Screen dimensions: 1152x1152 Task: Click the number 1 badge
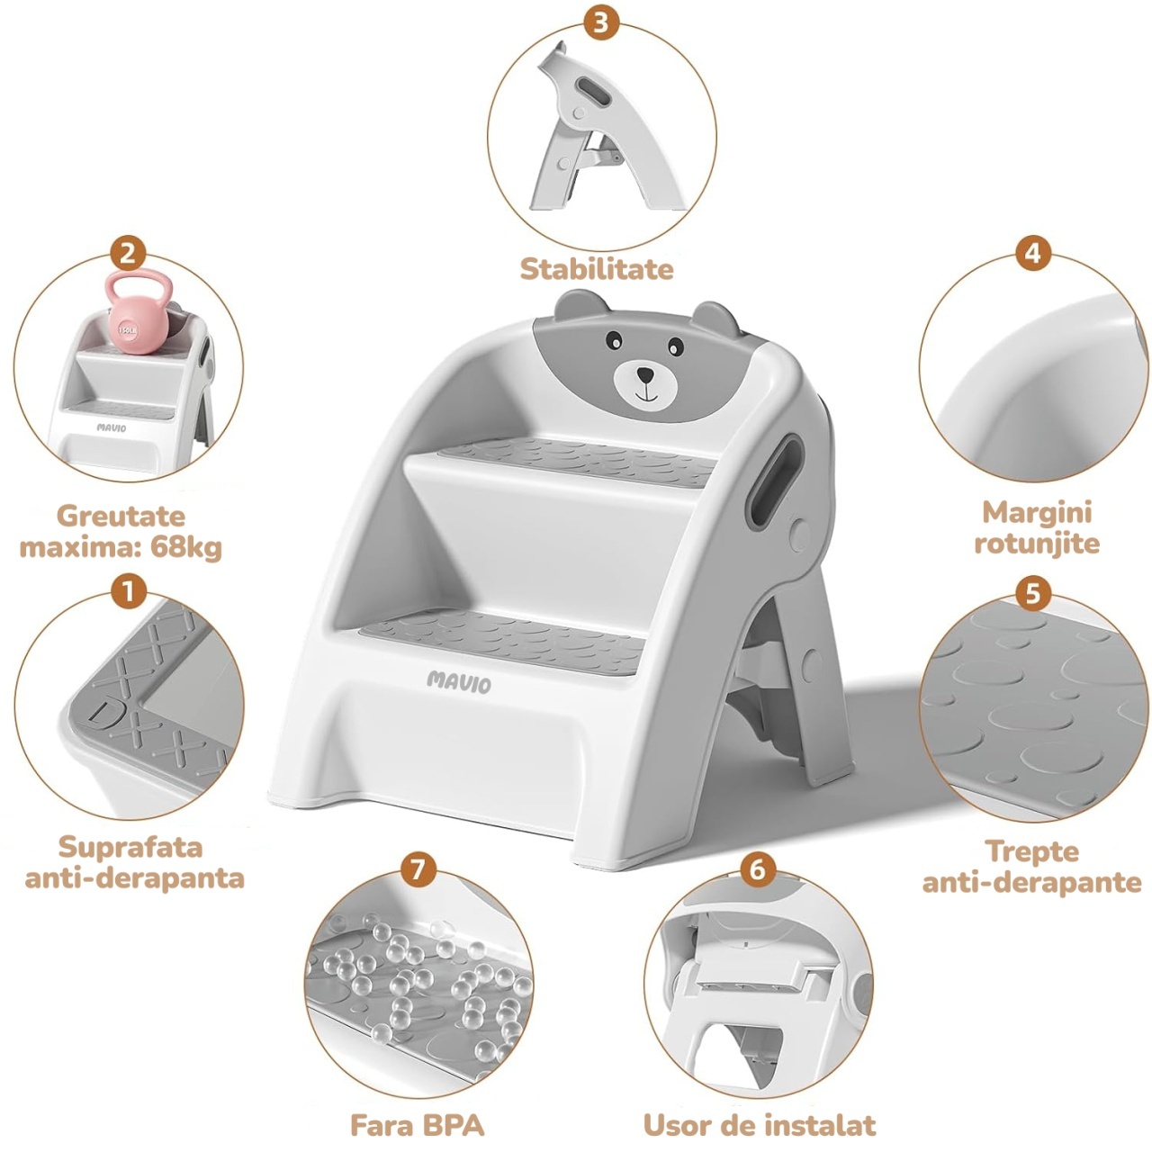click(129, 592)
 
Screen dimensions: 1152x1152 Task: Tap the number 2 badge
click(128, 254)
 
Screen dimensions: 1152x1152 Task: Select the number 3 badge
click(601, 22)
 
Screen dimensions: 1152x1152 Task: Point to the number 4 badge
click(1032, 254)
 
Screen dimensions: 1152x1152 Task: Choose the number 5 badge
click(1032, 594)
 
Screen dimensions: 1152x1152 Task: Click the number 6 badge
click(758, 869)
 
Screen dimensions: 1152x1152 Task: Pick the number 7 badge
click(418, 869)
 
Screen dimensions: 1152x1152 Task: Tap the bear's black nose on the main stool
click(645, 374)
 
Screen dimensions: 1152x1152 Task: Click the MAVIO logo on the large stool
click(459, 682)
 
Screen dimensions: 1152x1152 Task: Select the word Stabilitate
click(597, 269)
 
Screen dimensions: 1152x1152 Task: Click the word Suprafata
click(130, 848)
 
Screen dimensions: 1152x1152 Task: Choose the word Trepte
click(1032, 851)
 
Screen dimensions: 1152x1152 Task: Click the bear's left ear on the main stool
click(578, 305)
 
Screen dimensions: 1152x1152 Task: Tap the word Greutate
click(121, 517)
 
